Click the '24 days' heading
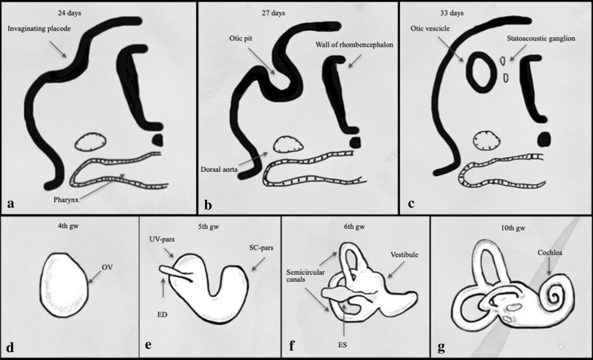click(x=69, y=13)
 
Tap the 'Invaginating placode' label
click(x=39, y=29)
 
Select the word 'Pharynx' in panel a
click(x=66, y=200)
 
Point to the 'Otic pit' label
click(x=241, y=39)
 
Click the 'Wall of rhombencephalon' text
click(x=354, y=45)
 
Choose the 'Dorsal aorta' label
click(x=219, y=169)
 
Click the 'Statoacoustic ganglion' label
click(x=541, y=39)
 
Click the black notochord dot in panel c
click(x=544, y=139)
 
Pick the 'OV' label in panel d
click(x=107, y=268)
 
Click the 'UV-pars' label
click(x=162, y=240)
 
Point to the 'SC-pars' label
click(x=261, y=248)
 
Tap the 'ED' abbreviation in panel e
click(x=162, y=315)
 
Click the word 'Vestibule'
click(x=404, y=255)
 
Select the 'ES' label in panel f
click(x=342, y=345)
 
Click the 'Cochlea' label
click(x=550, y=253)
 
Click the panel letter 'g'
click(x=441, y=347)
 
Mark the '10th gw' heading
click(x=513, y=228)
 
